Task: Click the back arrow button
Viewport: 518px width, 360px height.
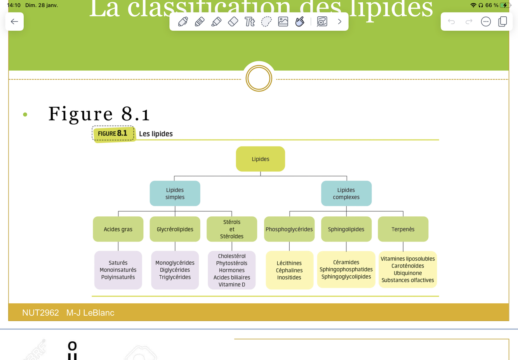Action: pos(14,22)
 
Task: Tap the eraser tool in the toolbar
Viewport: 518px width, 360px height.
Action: pos(233,22)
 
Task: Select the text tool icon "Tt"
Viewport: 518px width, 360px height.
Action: pos(250,22)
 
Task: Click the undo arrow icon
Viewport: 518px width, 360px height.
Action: pos(451,22)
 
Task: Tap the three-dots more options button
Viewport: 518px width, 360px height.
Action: pos(486,22)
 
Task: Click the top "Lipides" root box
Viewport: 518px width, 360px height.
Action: pos(261,159)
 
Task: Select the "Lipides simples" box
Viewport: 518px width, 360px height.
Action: pos(175,193)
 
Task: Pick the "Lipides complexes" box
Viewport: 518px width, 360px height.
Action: pos(346,193)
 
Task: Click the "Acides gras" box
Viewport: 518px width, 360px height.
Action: pos(118,229)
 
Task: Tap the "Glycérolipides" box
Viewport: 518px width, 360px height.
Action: pos(175,229)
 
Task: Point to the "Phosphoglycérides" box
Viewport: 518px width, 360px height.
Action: pos(289,229)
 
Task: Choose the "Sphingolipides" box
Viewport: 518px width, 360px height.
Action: pos(346,229)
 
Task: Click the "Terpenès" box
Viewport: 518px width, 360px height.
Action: pos(403,229)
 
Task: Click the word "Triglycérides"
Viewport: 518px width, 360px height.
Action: pos(175,277)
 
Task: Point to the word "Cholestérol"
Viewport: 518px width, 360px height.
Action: pos(232,256)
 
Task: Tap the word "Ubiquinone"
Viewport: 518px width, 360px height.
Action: pos(408,273)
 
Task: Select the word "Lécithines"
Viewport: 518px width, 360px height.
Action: pos(289,263)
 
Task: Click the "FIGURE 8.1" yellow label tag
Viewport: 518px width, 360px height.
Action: pos(113,134)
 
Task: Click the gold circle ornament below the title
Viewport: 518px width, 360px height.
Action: pos(259,78)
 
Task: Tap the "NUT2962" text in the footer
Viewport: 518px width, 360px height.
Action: pos(40,313)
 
